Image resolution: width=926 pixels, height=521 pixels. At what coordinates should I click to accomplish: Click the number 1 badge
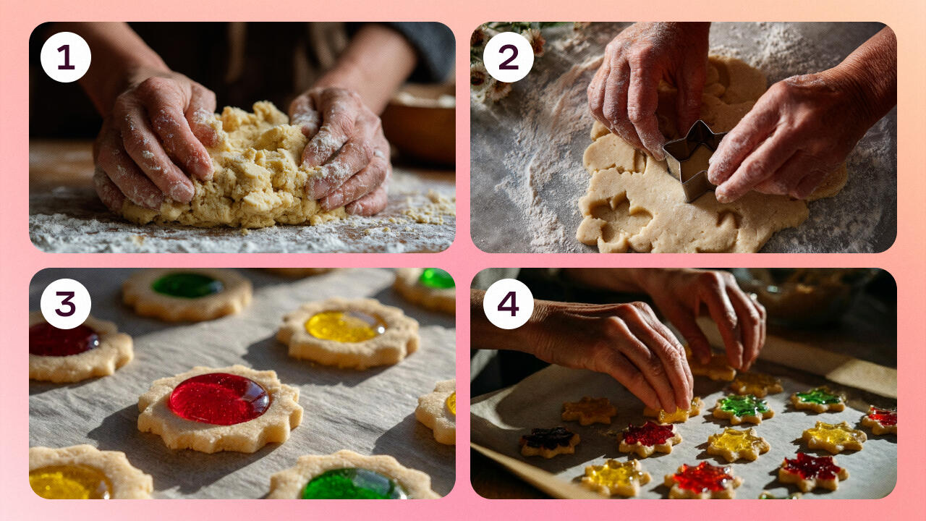point(66,57)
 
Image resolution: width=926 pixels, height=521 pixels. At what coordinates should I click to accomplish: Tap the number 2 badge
point(508,57)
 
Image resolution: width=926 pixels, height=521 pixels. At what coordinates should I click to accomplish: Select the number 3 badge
point(66,304)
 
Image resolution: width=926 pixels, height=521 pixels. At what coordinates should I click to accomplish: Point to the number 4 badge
point(508,304)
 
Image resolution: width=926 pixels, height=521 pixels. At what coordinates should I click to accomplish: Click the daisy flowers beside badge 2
point(509,62)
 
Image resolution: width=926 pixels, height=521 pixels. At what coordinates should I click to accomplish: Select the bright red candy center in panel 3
point(219,399)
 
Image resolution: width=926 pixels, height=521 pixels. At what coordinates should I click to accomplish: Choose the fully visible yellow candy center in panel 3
point(346,326)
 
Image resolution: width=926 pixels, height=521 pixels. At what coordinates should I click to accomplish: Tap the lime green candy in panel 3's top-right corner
point(438,279)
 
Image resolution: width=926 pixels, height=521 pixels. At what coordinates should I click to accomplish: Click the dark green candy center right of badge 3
point(187,285)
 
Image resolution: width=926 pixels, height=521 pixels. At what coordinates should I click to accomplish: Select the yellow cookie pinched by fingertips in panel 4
point(674,412)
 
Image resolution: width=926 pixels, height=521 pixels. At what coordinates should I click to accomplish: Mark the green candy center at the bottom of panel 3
point(354,484)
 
